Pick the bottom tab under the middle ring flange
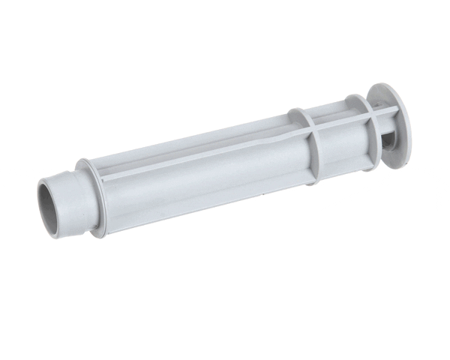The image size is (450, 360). tap(315, 178)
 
